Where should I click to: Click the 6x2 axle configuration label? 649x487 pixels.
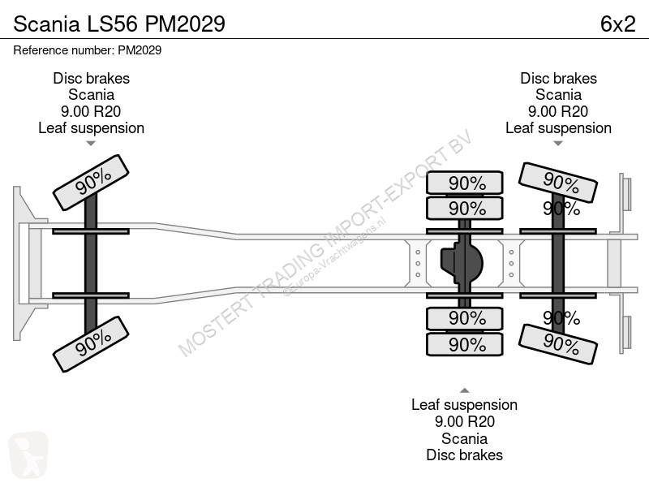(617, 24)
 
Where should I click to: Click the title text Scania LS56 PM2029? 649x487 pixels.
(119, 24)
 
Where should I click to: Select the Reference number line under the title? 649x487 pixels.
(88, 50)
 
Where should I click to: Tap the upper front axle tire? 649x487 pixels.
(91, 183)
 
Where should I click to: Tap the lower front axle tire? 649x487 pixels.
(91, 344)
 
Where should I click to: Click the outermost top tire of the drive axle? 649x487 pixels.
(465, 183)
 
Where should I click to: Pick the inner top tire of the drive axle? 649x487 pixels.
(465, 209)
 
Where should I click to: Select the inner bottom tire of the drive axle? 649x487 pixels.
(465, 318)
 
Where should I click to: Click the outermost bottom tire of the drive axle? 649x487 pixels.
(465, 344)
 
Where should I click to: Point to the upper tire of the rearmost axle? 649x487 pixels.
(558, 183)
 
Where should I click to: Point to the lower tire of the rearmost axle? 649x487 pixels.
(558, 344)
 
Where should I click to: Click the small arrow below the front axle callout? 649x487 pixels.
(91, 144)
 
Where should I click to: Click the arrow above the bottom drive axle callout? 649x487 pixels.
(465, 390)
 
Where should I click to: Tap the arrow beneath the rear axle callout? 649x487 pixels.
(558, 144)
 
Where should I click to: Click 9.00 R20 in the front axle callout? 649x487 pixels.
(91, 111)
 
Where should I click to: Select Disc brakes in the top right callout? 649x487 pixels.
(558, 78)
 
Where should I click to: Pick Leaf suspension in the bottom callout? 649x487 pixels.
(464, 404)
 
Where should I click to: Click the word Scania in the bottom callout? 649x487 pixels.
(464, 438)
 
